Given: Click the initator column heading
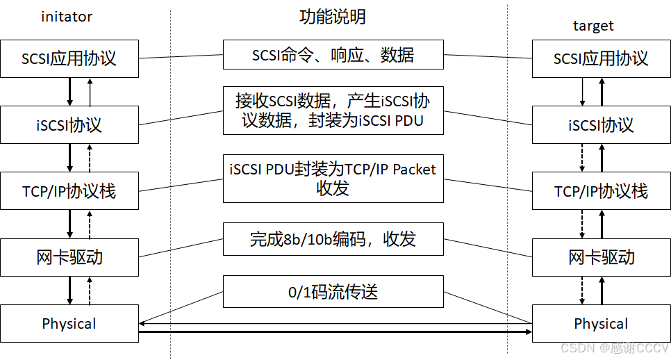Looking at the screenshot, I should [x=67, y=17].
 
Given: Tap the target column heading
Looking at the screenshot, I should [x=593, y=26].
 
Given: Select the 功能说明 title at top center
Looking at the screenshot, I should [x=333, y=17].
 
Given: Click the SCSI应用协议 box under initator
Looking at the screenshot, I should [x=69, y=58].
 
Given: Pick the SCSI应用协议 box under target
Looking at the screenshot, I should [x=601, y=58].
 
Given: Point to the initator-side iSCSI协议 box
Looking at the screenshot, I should [x=69, y=125].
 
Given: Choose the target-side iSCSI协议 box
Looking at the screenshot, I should [x=601, y=125].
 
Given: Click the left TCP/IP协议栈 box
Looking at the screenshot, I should [x=69, y=191].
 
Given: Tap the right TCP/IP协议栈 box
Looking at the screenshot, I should [x=601, y=191].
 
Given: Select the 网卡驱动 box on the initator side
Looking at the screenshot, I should [x=69, y=257].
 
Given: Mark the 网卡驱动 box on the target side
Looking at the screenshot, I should [x=601, y=257].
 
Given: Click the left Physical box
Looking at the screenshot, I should [x=69, y=324].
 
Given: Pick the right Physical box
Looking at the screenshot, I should [x=601, y=324].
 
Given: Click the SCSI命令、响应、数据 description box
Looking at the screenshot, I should [x=333, y=55].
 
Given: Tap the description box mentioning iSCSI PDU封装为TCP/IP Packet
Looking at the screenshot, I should [x=333, y=179].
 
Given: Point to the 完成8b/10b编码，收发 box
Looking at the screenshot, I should [x=333, y=240].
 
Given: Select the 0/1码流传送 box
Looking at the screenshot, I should [x=333, y=292].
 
